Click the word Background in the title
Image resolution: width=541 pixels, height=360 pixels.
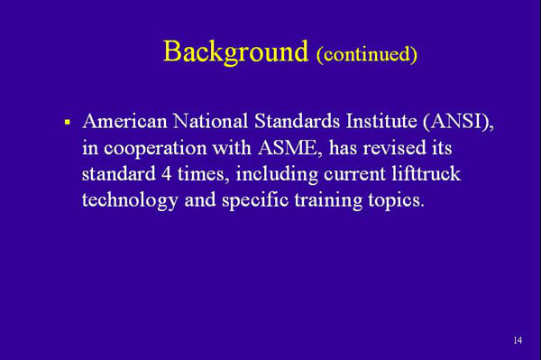click(235, 51)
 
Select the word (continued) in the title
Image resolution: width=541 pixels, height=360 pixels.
click(366, 54)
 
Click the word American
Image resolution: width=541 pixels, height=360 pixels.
click(125, 120)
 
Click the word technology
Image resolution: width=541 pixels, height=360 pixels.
click(130, 200)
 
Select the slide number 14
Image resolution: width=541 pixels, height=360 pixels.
click(517, 340)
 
